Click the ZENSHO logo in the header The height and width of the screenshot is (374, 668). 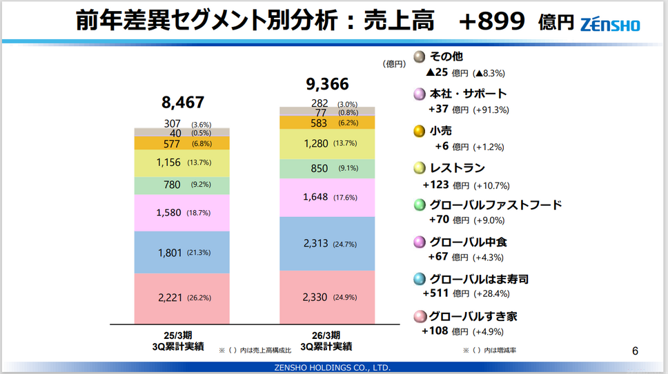(609, 24)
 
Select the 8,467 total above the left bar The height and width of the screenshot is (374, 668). (183, 103)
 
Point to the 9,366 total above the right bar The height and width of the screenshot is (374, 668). (327, 84)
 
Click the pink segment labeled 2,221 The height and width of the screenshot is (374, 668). (182, 298)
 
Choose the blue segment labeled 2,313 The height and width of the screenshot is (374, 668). (327, 244)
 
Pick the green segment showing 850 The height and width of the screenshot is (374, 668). (327, 169)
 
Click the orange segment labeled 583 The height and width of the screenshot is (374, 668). (327, 123)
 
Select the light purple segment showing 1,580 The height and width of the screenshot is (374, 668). (182, 213)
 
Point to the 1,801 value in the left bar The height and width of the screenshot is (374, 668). (169, 253)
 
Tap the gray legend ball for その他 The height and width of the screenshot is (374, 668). (419, 56)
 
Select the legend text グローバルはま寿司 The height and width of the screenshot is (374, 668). (479, 279)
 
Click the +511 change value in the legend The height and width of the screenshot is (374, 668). (438, 293)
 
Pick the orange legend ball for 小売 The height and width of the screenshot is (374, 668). (419, 131)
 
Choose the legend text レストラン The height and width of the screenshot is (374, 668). (457, 168)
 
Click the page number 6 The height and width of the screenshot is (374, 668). (635, 351)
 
